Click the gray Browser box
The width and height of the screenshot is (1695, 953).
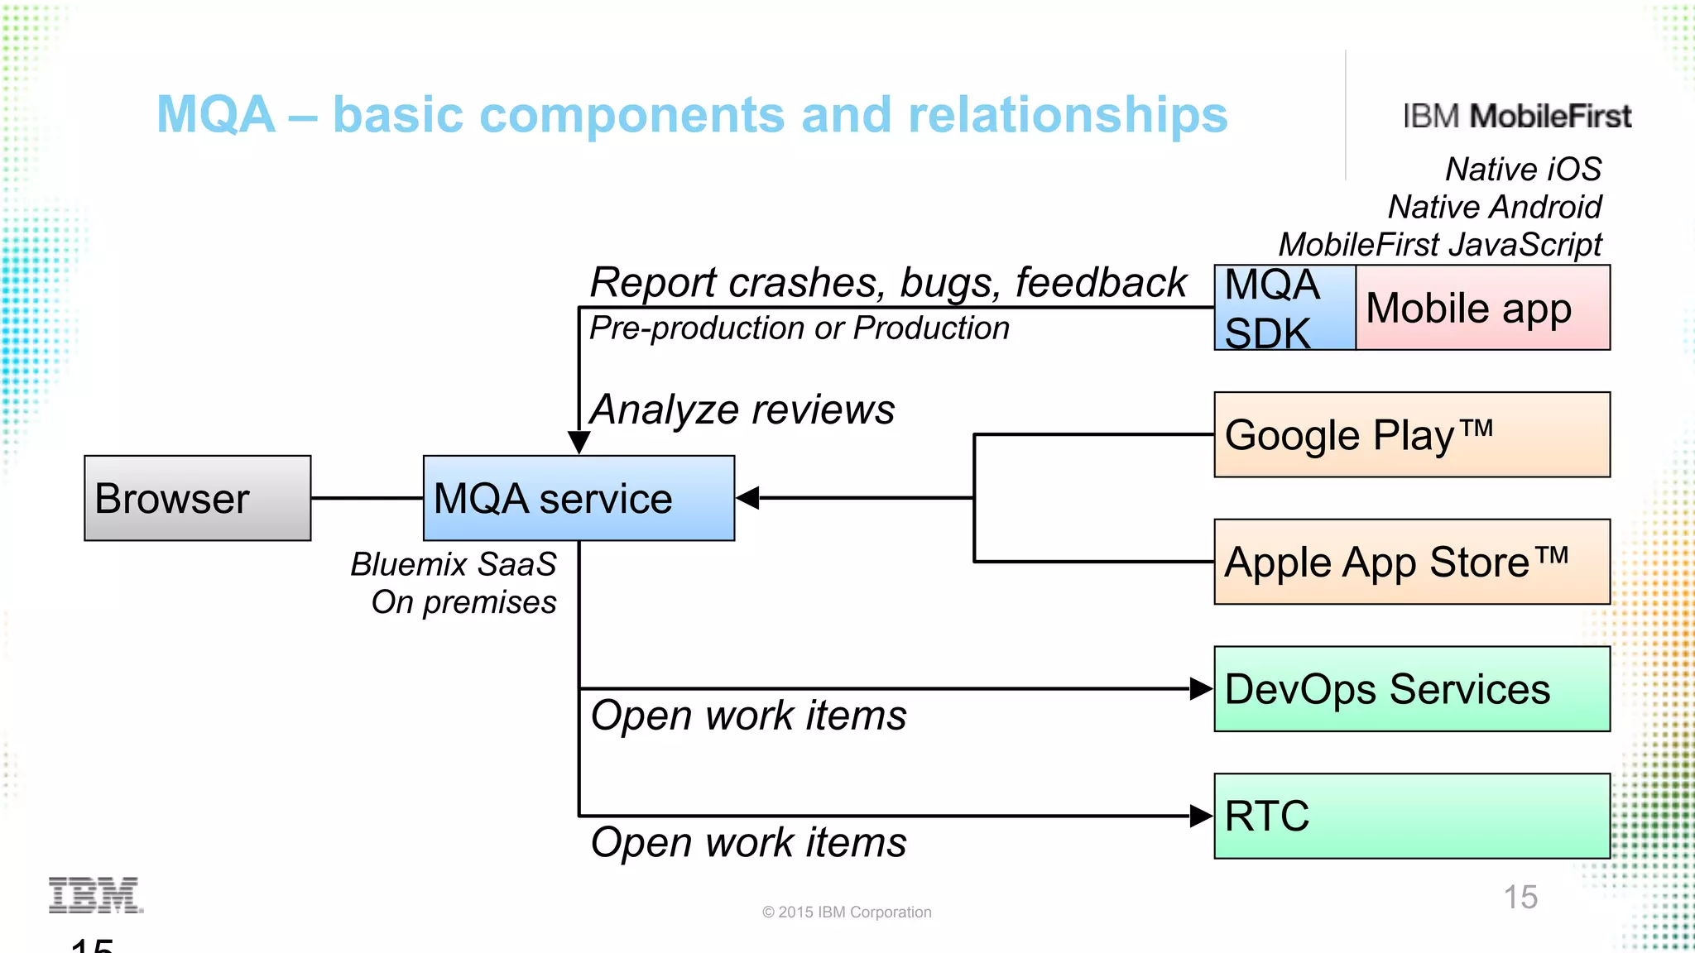pyautogui.click(x=197, y=498)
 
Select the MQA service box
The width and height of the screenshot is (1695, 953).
pyautogui.click(x=578, y=498)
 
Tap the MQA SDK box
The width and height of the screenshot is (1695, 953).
pyautogui.click(x=1284, y=308)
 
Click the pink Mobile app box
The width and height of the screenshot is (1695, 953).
pyautogui.click(x=1481, y=308)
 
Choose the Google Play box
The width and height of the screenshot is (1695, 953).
pyautogui.click(x=1411, y=434)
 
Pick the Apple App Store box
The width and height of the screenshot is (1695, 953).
pyautogui.click(x=1411, y=562)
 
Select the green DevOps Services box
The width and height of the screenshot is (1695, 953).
pyautogui.click(x=1411, y=689)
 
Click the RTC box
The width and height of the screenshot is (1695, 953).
pyautogui.click(x=1411, y=816)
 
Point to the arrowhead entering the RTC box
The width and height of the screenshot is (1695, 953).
pyautogui.click(x=1202, y=816)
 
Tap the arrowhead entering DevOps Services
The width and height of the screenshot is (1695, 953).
pyautogui.click(x=1202, y=688)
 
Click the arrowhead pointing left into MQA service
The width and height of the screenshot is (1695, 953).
pyautogui.click(x=747, y=498)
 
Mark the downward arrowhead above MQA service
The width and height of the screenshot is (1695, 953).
pyautogui.click(x=579, y=442)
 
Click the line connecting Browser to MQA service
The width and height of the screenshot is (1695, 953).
pyautogui.click(x=367, y=498)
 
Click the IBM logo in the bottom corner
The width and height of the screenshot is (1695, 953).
pyautogui.click(x=95, y=895)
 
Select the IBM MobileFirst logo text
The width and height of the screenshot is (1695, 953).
pyautogui.click(x=1516, y=117)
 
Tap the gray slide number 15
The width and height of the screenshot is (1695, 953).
pyautogui.click(x=1520, y=898)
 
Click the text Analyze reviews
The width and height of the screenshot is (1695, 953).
pyautogui.click(x=742, y=409)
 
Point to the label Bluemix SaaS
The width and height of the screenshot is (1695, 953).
pyautogui.click(x=453, y=564)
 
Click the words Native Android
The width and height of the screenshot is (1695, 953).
pyautogui.click(x=1494, y=207)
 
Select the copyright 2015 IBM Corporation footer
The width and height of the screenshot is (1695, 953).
pyautogui.click(x=847, y=912)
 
